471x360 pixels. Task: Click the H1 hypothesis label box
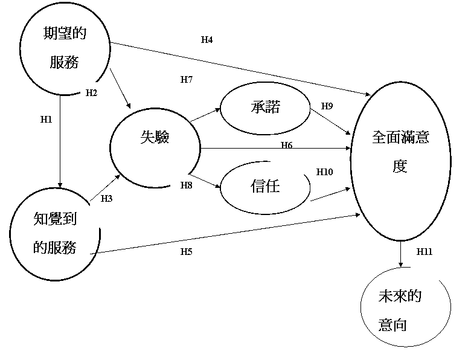[50, 127]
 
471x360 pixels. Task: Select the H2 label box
[100, 101]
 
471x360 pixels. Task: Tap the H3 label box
[109, 207]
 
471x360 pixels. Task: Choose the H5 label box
[190, 260]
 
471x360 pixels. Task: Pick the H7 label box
[190, 88]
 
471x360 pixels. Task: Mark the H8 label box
[190, 194]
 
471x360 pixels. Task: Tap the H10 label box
[330, 181]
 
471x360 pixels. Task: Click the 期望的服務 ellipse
[65, 48]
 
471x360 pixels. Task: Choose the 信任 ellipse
[266, 187]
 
